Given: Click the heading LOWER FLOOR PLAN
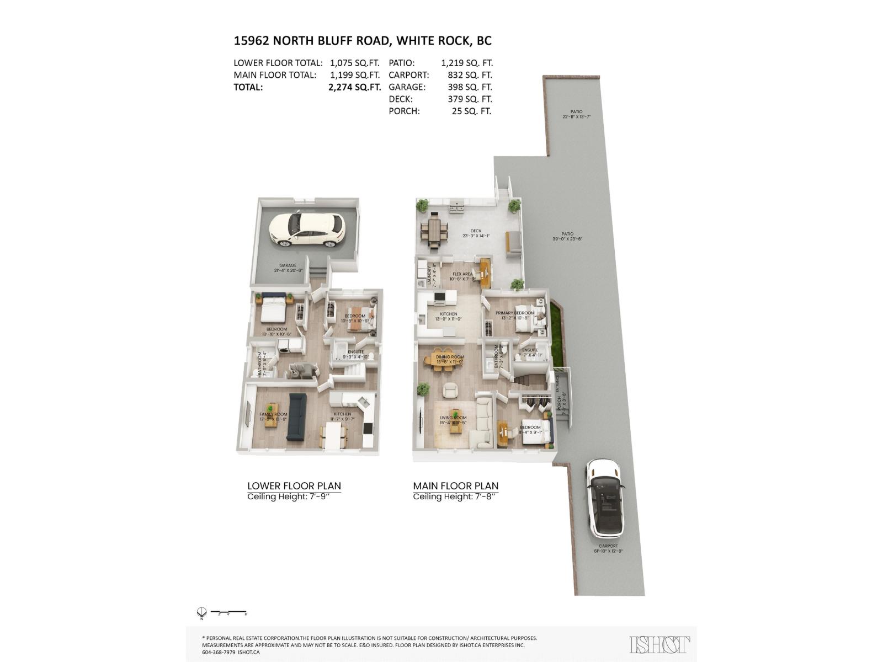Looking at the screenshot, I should (294, 486).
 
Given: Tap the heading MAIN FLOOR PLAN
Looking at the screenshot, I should (455, 486).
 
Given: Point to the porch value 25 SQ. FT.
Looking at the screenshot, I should (471, 111).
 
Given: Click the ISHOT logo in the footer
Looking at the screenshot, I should (659, 644).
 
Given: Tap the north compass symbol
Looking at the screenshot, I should (201, 612).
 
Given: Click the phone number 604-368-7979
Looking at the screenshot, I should (219, 652).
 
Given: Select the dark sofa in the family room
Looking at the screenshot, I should (296, 417).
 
